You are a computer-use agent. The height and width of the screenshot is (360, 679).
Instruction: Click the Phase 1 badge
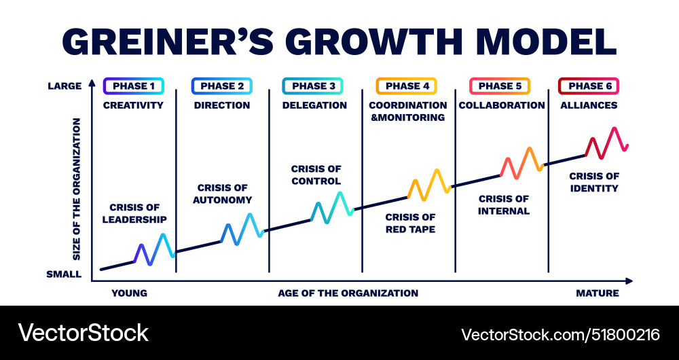133,86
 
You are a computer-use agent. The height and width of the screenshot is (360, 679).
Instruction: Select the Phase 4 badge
407,86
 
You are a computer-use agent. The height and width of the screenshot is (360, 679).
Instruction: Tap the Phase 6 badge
589,86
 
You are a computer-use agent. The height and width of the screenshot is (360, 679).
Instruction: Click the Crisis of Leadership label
138,214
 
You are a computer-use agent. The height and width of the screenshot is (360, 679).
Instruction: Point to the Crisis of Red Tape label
410,223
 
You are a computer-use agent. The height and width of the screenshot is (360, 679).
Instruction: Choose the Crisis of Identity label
593,182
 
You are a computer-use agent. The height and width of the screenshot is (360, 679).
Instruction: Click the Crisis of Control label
316,175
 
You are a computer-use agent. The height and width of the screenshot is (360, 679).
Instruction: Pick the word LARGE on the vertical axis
65,86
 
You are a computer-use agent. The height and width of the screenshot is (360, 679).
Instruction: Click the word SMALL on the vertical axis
65,275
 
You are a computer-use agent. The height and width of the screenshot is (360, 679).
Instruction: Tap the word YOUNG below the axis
129,293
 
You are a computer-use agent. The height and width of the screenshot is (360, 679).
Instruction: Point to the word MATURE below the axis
598,293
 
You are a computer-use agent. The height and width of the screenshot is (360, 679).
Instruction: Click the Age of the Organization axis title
348,293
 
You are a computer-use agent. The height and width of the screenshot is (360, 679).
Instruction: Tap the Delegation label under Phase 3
314,105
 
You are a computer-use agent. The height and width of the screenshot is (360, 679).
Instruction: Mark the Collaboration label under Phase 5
502,105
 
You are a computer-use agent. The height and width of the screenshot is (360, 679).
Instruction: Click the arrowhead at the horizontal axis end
629,280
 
